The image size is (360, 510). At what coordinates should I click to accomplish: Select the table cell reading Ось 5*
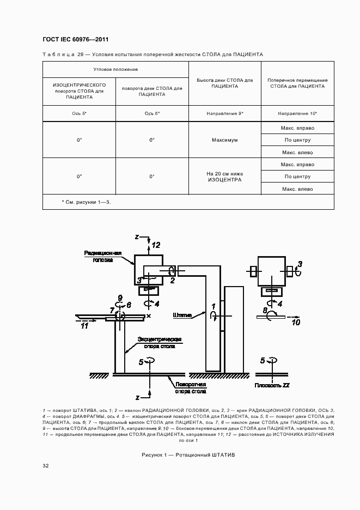coord(79,113)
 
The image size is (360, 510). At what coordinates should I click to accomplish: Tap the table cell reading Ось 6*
coord(152,113)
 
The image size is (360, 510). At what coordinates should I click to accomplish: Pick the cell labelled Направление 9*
coord(224,113)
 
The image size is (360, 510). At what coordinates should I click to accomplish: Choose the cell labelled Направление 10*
coord(297,113)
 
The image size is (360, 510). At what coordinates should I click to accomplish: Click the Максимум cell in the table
coord(224,140)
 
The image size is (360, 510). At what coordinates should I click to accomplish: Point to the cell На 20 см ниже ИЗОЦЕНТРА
coord(224,177)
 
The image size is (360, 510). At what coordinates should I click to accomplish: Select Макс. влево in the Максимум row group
coord(297,152)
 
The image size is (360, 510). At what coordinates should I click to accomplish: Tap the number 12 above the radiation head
coord(156,245)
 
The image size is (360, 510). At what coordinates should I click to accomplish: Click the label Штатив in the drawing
coord(182,315)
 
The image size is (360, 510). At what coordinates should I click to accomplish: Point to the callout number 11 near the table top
coord(84,326)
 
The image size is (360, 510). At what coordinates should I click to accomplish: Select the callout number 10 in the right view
coord(296,323)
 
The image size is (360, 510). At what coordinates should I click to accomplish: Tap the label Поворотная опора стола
coord(190,387)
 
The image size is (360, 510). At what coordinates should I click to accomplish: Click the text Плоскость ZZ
coord(271,385)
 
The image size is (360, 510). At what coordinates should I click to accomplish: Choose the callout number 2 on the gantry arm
coord(172,280)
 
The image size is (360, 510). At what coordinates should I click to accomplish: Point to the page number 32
coord(46,466)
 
